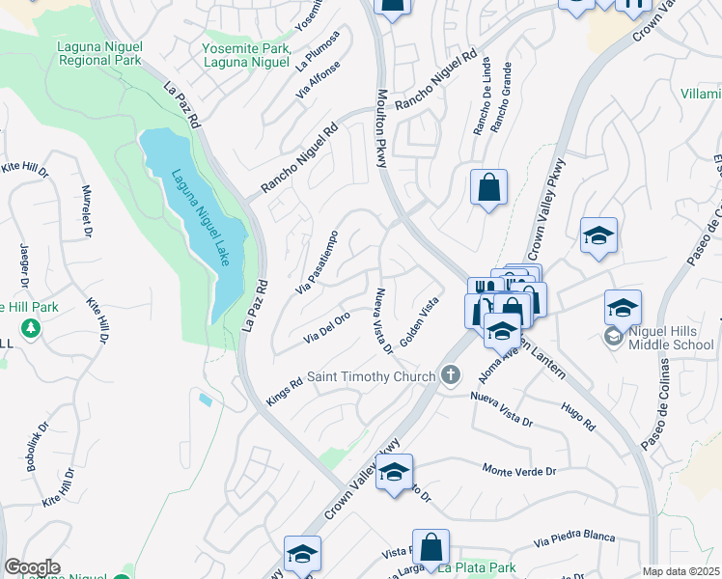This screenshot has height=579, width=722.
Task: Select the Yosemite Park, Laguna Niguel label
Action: [x=246, y=55]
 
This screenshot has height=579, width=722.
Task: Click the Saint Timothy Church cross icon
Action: [x=449, y=375]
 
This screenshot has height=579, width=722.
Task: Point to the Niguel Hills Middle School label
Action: [x=672, y=344]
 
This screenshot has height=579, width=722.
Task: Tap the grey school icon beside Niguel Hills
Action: [x=613, y=337]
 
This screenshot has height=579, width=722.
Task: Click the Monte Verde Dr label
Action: [x=519, y=471]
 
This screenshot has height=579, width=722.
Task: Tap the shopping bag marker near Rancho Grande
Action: [x=488, y=188]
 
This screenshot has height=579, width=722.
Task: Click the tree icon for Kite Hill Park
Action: [x=31, y=328]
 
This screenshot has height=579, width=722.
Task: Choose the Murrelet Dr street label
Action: [x=86, y=210]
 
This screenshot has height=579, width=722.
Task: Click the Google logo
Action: [x=32, y=567]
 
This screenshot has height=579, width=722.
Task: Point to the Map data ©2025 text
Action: [x=680, y=571]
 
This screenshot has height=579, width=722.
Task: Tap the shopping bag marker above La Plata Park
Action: [x=430, y=546]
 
